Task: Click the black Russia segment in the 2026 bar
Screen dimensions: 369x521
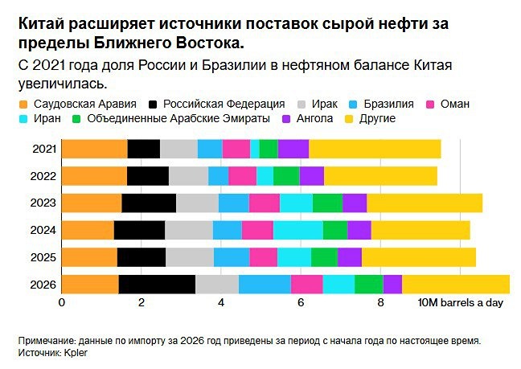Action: pyautogui.click(x=157, y=285)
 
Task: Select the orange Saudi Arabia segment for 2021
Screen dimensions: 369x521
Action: pyautogui.click(x=94, y=149)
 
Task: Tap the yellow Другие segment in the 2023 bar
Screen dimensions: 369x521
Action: pyautogui.click(x=425, y=203)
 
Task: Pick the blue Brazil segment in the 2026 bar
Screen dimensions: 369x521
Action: pyautogui.click(x=265, y=285)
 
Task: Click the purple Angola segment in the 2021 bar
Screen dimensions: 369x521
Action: pyautogui.click(x=293, y=149)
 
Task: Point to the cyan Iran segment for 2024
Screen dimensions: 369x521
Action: pyautogui.click(x=297, y=230)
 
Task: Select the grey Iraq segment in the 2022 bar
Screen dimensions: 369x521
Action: pyautogui.click(x=188, y=176)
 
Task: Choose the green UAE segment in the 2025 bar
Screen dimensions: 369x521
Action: pyautogui.click(x=324, y=257)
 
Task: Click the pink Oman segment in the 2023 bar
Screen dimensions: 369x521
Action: pyautogui.click(x=265, y=203)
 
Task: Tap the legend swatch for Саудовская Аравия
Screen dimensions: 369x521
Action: pyautogui.click(x=23, y=105)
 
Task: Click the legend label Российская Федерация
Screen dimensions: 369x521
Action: pyautogui.click(x=224, y=104)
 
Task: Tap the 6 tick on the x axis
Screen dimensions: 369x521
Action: pyautogui.click(x=300, y=303)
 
